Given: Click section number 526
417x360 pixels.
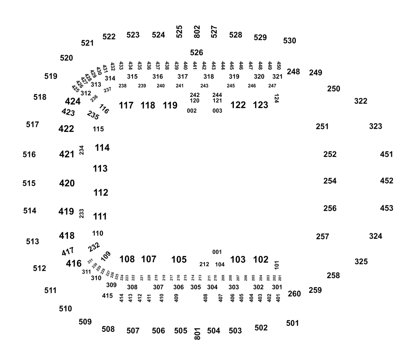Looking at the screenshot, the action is (197, 53).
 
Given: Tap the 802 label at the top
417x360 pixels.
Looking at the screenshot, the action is (197, 32).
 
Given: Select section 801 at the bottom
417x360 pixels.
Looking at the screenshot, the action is (197, 334).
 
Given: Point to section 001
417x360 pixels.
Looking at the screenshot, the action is (217, 252).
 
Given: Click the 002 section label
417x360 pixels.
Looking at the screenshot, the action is (192, 111).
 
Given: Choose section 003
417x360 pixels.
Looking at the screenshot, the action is (217, 111).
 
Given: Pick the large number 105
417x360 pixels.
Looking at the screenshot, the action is (179, 259).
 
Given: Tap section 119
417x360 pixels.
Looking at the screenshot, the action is (170, 105).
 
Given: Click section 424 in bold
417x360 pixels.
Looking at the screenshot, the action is (73, 101).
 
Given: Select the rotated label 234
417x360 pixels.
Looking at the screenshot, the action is (82, 150).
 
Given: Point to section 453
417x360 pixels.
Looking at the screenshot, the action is (386, 208).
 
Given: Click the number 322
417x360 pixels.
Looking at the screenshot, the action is (361, 101).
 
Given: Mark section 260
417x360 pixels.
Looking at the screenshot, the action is (294, 294).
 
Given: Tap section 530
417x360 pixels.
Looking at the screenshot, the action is (290, 41).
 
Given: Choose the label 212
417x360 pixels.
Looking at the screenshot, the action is (204, 264).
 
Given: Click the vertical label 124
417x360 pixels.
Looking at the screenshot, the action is (276, 99).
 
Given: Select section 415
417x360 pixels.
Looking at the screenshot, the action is (108, 296).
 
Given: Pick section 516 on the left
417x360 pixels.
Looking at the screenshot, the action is (29, 155).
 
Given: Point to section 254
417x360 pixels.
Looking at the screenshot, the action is (330, 181).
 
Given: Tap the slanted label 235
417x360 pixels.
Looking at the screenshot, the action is (93, 115).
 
